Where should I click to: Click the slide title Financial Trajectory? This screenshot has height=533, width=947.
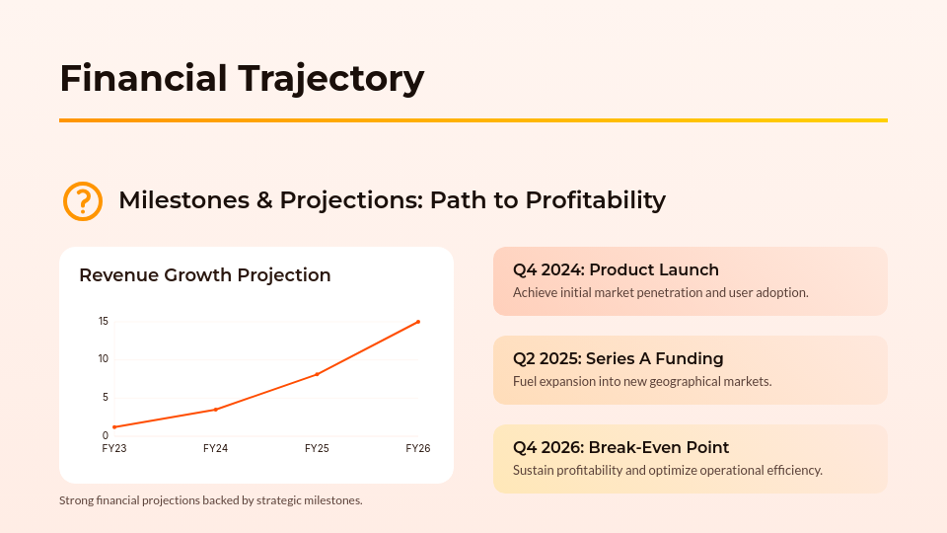242,78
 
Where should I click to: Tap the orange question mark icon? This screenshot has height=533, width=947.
83,200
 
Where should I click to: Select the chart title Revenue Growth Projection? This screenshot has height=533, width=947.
204,275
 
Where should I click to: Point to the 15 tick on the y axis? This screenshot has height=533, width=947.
104,321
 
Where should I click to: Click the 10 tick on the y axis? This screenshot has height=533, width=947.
104,358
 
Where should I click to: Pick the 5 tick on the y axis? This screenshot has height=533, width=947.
106,397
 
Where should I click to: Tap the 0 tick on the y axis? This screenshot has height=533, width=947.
106,435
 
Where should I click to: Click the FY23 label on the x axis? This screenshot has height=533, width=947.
114,448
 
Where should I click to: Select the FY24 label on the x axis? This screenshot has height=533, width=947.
215,448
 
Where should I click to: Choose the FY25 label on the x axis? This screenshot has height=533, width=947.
317,448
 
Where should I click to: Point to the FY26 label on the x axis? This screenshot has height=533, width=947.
418,448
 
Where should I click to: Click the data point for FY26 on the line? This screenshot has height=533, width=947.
418,322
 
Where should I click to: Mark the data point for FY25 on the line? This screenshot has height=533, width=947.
317,374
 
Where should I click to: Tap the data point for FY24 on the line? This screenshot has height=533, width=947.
215,410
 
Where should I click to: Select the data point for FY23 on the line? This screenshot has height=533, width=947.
114,427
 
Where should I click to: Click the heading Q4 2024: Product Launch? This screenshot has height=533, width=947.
616,269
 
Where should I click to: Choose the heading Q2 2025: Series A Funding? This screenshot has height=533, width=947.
618,358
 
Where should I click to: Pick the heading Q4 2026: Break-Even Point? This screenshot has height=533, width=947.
620,447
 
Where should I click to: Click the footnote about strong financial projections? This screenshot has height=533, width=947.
211,500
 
